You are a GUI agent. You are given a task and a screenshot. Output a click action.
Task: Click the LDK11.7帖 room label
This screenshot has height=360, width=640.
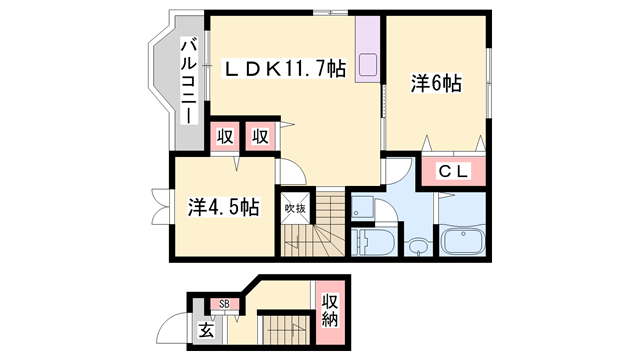[x=285, y=69]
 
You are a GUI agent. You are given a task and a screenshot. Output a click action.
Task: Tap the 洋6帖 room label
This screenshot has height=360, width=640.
[x=436, y=83]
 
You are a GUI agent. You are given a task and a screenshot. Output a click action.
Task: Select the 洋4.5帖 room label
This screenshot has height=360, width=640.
[x=224, y=207]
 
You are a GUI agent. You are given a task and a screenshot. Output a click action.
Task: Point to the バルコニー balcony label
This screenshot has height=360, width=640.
[x=189, y=81]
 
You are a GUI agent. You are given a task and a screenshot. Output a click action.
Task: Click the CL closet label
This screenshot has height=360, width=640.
[x=453, y=171]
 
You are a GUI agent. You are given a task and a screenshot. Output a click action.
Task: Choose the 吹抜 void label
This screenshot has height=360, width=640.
[x=295, y=209]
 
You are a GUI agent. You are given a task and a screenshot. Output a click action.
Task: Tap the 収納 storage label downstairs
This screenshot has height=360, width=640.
[x=330, y=310]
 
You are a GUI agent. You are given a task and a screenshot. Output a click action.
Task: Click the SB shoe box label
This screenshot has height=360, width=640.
[x=224, y=304]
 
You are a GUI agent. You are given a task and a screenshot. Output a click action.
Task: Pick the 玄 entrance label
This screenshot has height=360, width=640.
[x=206, y=330]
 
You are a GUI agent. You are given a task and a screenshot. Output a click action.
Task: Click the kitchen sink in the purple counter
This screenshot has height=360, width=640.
[x=368, y=65]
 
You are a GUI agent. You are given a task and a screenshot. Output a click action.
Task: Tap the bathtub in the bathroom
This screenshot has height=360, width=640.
[x=463, y=241]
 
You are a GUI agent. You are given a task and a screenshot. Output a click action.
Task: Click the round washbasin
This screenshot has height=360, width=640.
[x=418, y=247]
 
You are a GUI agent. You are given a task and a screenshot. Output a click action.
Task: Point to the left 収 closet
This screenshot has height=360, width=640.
[x=224, y=136]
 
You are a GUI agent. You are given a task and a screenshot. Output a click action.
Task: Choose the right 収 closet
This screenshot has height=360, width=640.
[x=260, y=136]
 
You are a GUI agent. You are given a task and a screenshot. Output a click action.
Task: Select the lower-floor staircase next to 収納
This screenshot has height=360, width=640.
[x=284, y=329]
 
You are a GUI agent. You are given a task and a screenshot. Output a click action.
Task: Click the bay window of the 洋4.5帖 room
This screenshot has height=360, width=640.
[x=161, y=207]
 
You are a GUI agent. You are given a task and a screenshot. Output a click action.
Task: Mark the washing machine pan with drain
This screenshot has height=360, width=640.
[x=362, y=207]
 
